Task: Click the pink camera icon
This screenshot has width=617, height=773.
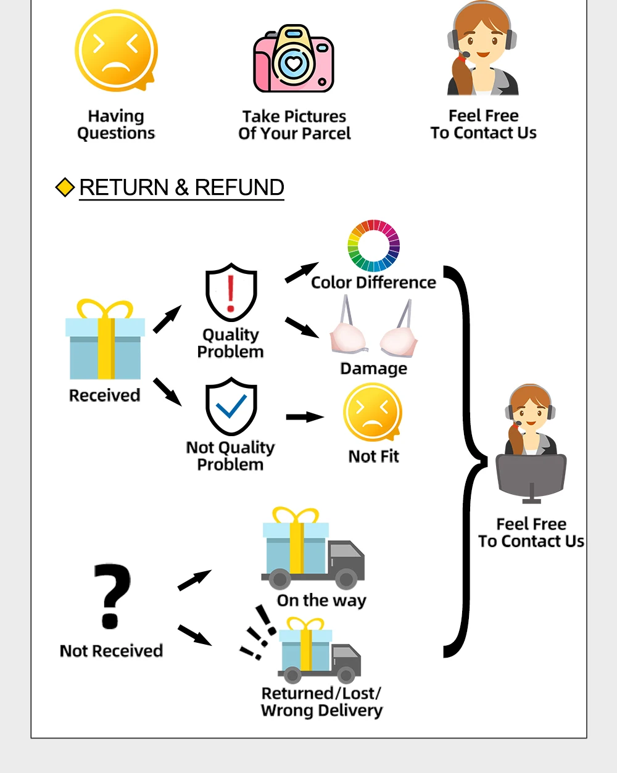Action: [x=294, y=59]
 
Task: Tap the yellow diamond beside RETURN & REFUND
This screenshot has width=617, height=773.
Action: [x=65, y=187]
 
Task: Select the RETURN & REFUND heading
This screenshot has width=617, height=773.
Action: [x=181, y=187]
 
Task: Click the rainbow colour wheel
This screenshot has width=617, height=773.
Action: [x=374, y=246]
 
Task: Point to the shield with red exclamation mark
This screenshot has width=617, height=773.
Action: [x=231, y=292]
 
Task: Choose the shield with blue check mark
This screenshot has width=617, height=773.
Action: [x=231, y=407]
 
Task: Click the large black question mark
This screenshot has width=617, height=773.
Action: [x=112, y=596]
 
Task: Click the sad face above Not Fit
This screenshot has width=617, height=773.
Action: [x=373, y=412]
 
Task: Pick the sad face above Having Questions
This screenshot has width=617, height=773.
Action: [x=116, y=51]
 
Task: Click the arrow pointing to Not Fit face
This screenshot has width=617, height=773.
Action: [x=305, y=417]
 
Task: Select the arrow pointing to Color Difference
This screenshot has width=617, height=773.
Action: [x=302, y=272]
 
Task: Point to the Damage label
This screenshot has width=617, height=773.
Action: [x=373, y=368]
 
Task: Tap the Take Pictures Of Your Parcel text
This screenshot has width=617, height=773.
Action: [x=294, y=125]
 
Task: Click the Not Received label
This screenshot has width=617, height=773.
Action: [x=112, y=651]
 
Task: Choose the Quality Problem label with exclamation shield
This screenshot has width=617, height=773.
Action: [x=231, y=343]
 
